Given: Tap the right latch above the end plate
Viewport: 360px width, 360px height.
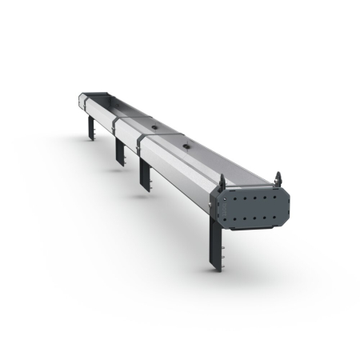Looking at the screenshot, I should click(278, 176).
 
